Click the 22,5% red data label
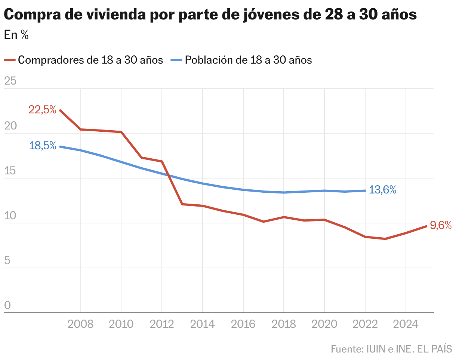click(42, 110)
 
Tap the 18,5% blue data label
click(43, 146)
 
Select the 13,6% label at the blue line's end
click(382, 190)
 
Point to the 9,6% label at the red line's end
click(441, 225)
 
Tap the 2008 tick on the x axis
click(81, 324)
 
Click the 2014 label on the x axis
click(203, 324)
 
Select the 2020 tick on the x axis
click(324, 324)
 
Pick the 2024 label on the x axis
click(406, 324)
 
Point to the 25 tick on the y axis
click(10, 81)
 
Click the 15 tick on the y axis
click(10, 171)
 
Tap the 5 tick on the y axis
click(7, 261)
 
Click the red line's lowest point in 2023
click(385, 239)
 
